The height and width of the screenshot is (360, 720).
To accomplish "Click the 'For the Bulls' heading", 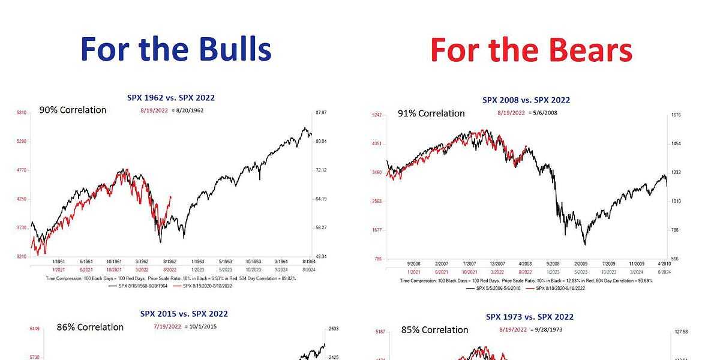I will pyautogui.click(x=175, y=49).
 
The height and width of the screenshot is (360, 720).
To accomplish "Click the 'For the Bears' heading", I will pyautogui.click(x=531, y=49).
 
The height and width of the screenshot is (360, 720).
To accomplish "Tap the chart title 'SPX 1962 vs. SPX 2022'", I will pyautogui.click(x=171, y=97).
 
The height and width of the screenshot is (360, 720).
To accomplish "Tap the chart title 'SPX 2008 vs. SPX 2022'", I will pyautogui.click(x=526, y=100).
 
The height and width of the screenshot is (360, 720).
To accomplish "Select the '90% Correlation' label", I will pyautogui.click(x=73, y=110).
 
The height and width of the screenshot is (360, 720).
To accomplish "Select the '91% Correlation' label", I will pyautogui.click(x=431, y=113).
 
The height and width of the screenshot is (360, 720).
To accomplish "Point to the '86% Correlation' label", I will pyautogui.click(x=90, y=327).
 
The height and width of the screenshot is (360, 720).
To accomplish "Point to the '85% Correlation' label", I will pyautogui.click(x=434, y=329).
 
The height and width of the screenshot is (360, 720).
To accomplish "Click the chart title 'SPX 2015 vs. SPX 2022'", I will pyautogui.click(x=184, y=314).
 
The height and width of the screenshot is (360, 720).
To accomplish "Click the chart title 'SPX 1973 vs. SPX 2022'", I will pyautogui.click(x=530, y=317).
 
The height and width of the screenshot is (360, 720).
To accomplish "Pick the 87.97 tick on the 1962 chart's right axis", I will pyautogui.click(x=320, y=113).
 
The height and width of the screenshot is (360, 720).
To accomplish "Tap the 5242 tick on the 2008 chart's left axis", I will pyautogui.click(x=377, y=115).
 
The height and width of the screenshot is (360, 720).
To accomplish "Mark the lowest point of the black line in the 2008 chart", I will pyautogui.click(x=584, y=244).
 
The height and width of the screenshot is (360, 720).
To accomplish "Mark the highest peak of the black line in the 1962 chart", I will pyautogui.click(x=305, y=128).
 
